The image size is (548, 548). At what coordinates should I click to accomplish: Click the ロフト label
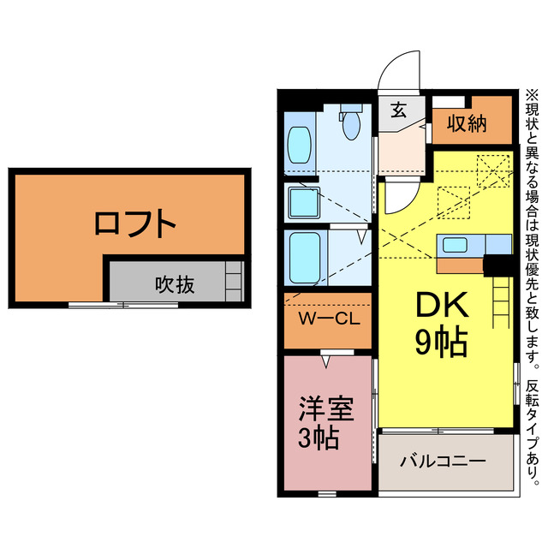click(x=135, y=224)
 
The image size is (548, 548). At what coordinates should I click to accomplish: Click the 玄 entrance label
click(x=399, y=110)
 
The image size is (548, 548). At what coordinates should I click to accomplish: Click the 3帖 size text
click(x=319, y=438)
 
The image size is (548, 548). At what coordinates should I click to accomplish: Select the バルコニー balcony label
click(x=444, y=462)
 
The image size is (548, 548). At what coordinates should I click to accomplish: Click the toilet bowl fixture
click(x=351, y=125)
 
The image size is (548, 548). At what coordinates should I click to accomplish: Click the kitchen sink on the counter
click(x=455, y=244)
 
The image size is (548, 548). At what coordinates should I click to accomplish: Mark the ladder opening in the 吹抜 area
click(x=234, y=279)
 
